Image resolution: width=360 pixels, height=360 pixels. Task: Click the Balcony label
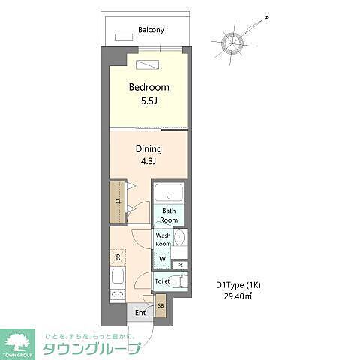click(151, 31)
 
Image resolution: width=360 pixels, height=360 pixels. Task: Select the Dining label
click(148, 148)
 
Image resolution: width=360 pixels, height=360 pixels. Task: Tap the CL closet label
click(118, 202)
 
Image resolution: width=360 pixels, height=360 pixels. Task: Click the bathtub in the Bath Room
click(169, 195)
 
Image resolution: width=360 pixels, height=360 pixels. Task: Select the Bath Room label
click(169, 215)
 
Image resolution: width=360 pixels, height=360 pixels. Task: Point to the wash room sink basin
click(180, 238)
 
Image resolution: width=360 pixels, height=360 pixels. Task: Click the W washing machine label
click(163, 260)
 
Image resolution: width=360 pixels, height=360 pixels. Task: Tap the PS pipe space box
click(180, 265)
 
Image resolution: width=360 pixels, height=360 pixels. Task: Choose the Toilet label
click(162, 281)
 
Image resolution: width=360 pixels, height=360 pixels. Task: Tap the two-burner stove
click(117, 295)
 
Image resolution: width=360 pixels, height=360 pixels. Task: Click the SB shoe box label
click(160, 305)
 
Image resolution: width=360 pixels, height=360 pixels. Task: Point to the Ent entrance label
click(140, 313)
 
